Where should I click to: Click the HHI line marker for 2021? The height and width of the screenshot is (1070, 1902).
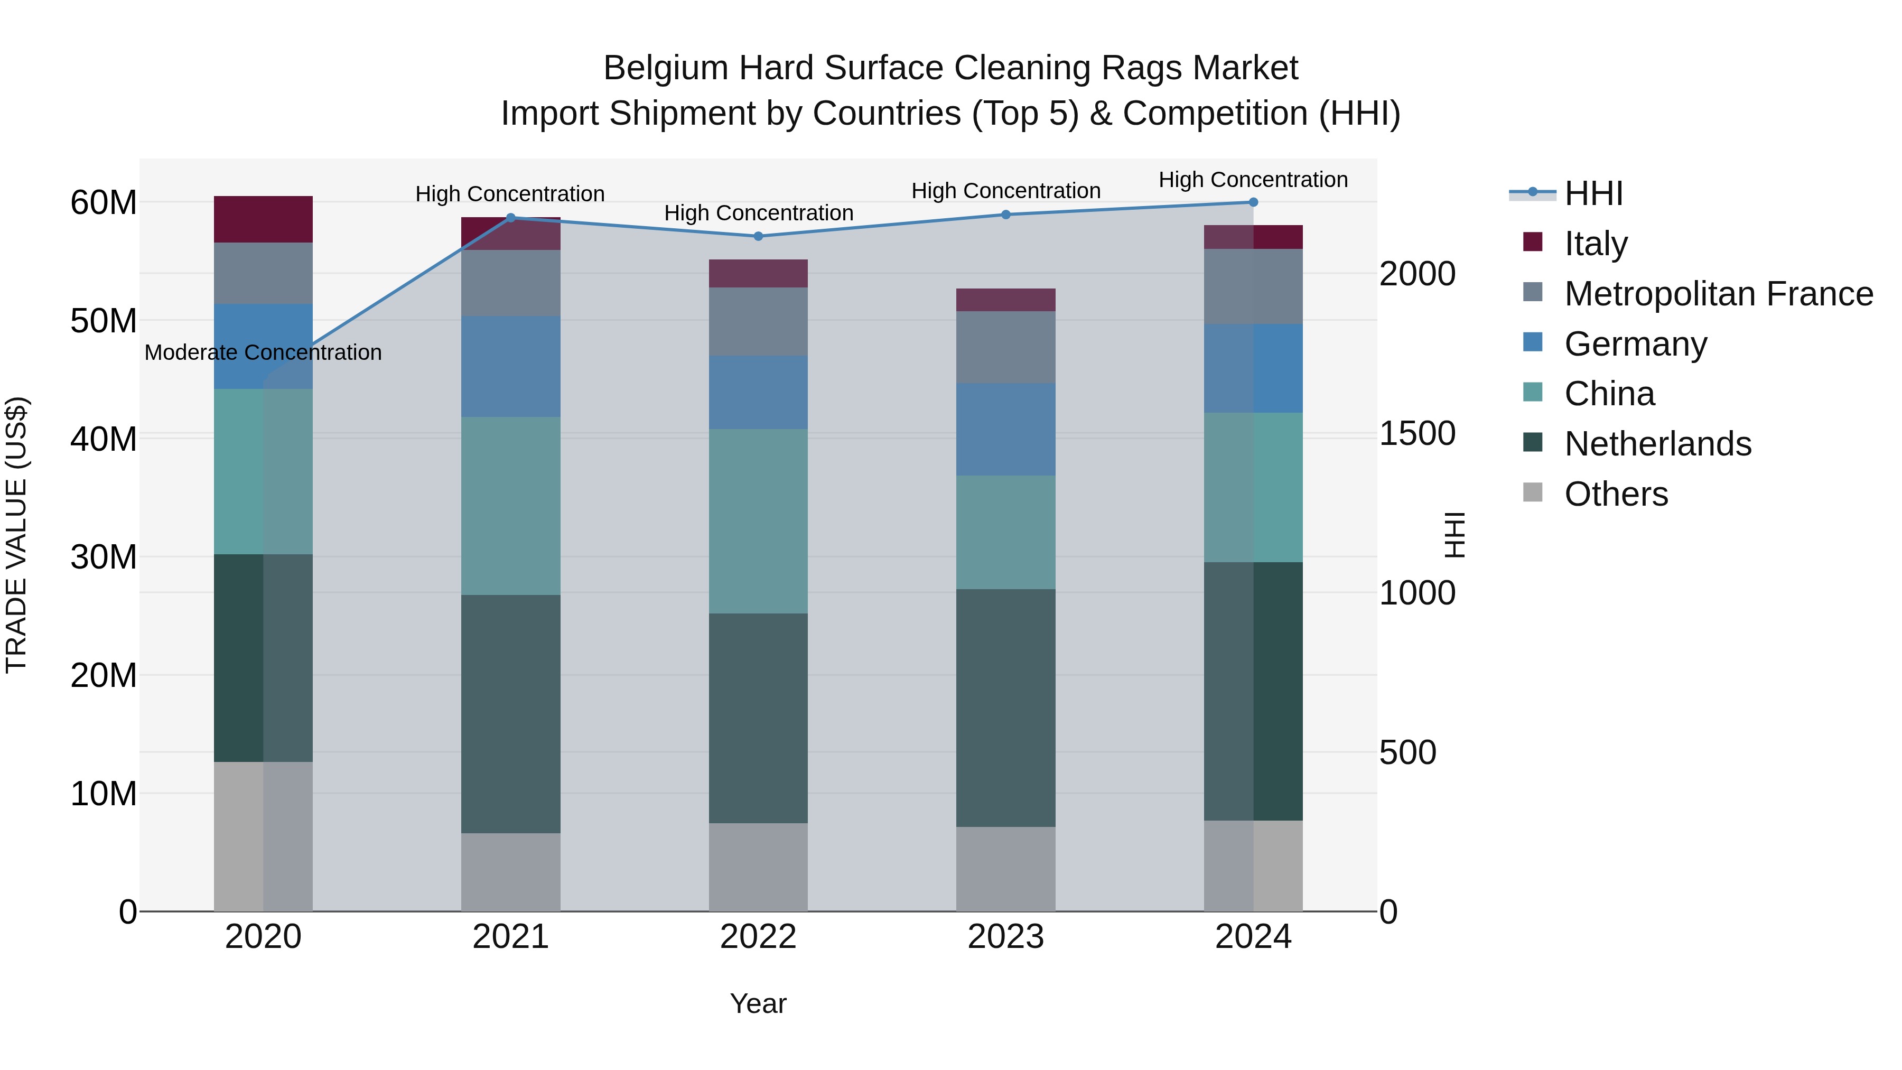pyautogui.click(x=510, y=218)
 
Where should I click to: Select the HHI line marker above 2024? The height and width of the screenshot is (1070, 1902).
pyautogui.click(x=1253, y=202)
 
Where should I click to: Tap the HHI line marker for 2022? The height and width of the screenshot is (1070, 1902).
pyautogui.click(x=758, y=236)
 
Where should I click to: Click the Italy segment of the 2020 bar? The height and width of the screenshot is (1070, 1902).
pyautogui.click(x=263, y=219)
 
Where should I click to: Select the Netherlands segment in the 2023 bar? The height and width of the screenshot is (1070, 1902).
pyautogui.click(x=1005, y=708)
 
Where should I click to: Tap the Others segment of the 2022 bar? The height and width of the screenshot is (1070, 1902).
pyautogui.click(x=758, y=867)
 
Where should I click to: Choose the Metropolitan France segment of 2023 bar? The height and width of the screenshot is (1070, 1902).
pyautogui.click(x=1005, y=347)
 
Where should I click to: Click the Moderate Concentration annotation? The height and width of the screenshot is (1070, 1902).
pyautogui.click(x=263, y=353)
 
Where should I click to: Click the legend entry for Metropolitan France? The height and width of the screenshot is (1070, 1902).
pyautogui.click(x=1718, y=294)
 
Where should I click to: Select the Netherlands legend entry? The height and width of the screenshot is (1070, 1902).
pyautogui.click(x=1657, y=444)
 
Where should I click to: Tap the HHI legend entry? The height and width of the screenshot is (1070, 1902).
pyautogui.click(x=1593, y=193)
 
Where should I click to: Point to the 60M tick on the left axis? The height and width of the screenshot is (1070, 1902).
pyautogui.click(x=104, y=202)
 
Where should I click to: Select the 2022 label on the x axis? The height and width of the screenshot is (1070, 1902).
pyautogui.click(x=758, y=937)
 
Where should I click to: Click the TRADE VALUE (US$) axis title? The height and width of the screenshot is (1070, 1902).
pyautogui.click(x=16, y=535)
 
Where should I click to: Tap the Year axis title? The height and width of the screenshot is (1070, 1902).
pyautogui.click(x=758, y=1003)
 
